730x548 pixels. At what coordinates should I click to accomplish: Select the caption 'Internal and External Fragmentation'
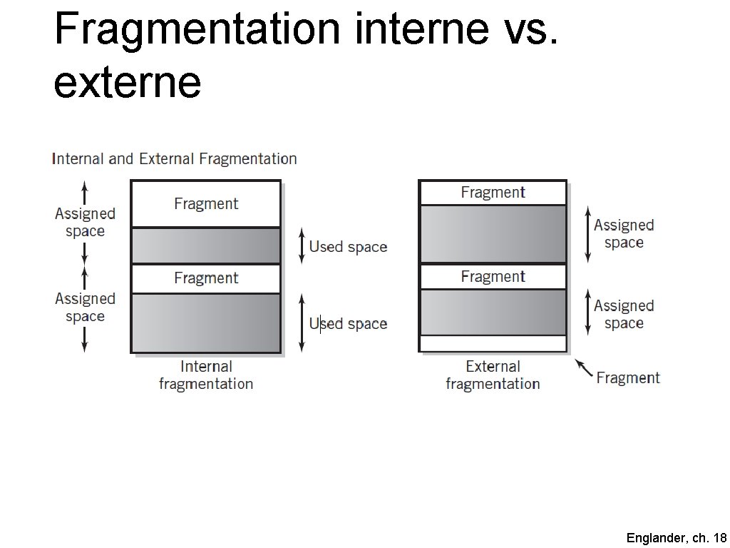pyautogui.click(x=174, y=159)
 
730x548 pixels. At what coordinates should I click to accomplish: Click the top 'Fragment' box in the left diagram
pyautogui.click(x=206, y=204)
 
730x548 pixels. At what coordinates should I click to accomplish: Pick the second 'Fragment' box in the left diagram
pyautogui.click(x=206, y=278)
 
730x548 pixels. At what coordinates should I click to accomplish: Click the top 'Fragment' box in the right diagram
pyautogui.click(x=493, y=193)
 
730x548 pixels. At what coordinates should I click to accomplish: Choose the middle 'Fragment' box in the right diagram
pyautogui.click(x=493, y=277)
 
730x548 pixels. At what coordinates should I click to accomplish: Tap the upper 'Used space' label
pyautogui.click(x=348, y=247)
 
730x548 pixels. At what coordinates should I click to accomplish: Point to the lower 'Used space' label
pyautogui.click(x=348, y=324)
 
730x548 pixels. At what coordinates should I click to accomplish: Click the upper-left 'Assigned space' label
pyautogui.click(x=85, y=222)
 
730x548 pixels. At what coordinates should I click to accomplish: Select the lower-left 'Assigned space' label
pyautogui.click(x=85, y=307)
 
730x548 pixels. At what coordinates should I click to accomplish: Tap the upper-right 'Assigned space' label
pyautogui.click(x=624, y=233)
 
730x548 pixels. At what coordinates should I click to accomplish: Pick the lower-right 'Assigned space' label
pyautogui.click(x=624, y=314)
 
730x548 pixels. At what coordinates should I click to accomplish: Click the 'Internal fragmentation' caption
pyautogui.click(x=206, y=375)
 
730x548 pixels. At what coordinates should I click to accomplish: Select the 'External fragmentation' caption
pyautogui.click(x=493, y=375)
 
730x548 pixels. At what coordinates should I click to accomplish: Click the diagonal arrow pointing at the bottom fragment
pyautogui.click(x=584, y=368)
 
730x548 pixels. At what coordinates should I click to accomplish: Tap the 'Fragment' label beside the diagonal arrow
pyautogui.click(x=628, y=378)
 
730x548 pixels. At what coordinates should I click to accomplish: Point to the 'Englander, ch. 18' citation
pyautogui.click(x=676, y=538)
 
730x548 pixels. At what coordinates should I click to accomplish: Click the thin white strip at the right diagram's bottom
pyautogui.click(x=493, y=343)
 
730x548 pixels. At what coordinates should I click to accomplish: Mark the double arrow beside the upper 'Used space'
pyautogui.click(x=302, y=245)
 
